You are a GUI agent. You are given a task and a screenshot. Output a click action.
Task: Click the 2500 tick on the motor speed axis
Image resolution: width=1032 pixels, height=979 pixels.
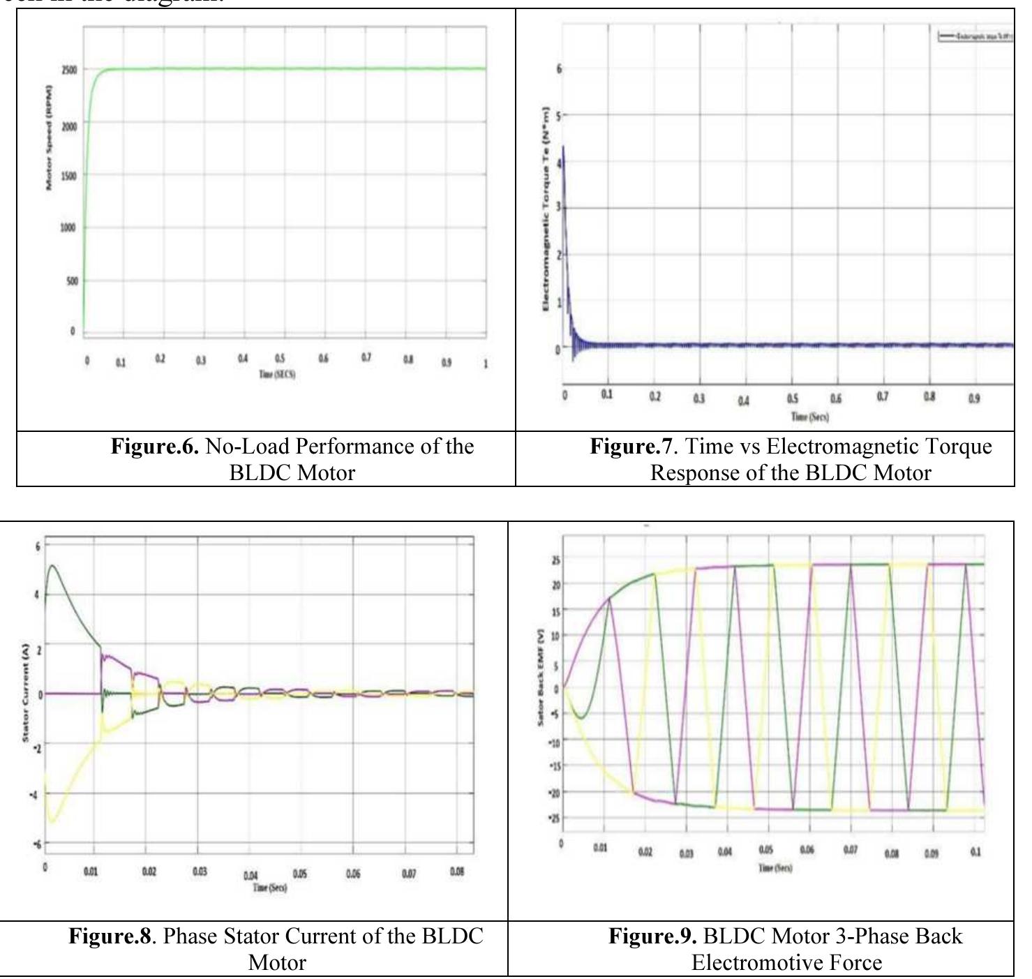[x=69, y=70]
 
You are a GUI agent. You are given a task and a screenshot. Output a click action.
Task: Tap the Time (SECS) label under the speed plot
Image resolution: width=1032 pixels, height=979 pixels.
[x=277, y=375]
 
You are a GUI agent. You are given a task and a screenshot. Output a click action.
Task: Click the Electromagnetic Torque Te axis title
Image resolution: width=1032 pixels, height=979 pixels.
[x=546, y=209]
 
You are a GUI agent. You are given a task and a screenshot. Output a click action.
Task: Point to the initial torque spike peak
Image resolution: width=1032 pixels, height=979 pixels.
[x=563, y=147]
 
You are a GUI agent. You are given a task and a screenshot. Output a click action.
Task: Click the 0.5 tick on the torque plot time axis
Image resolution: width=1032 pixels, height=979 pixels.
[x=793, y=398]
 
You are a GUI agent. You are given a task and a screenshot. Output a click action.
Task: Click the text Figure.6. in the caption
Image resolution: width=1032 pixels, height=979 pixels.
[x=155, y=447]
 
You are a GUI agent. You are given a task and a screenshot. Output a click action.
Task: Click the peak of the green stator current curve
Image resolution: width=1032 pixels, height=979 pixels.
[x=53, y=566]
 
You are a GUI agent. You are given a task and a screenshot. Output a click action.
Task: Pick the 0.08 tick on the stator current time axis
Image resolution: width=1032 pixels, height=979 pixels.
[x=457, y=872]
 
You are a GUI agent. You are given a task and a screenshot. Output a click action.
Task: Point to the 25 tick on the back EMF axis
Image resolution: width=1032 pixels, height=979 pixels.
[x=555, y=560]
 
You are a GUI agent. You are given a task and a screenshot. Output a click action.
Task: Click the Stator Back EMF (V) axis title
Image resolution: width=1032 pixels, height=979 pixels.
[x=540, y=678]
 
